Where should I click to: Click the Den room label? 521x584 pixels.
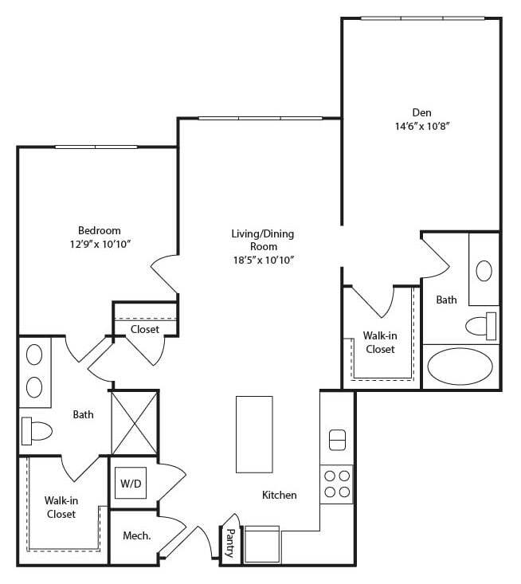(421, 112)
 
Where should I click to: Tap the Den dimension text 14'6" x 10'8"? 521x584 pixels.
(421, 126)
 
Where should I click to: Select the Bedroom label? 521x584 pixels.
(100, 230)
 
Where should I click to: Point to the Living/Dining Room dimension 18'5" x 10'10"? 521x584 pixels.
(262, 260)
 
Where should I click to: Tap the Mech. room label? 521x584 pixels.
(137, 536)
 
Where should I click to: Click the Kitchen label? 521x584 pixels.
(280, 495)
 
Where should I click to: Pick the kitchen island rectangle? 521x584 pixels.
(254, 434)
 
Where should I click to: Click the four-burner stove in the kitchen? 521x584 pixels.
(336, 483)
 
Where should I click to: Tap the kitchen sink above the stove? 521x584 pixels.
(337, 439)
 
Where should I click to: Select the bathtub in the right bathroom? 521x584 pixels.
(460, 366)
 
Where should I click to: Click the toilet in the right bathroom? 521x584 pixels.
(480, 325)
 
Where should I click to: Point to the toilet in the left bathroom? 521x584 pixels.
(37, 431)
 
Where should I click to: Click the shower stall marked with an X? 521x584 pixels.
(134, 423)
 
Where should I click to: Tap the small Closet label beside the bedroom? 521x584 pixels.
(145, 329)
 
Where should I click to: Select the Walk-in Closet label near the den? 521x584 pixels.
(379, 343)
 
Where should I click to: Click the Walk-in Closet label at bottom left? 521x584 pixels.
(61, 507)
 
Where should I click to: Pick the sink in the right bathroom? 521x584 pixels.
(484, 270)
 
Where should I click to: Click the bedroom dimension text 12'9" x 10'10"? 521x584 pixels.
(100, 244)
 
